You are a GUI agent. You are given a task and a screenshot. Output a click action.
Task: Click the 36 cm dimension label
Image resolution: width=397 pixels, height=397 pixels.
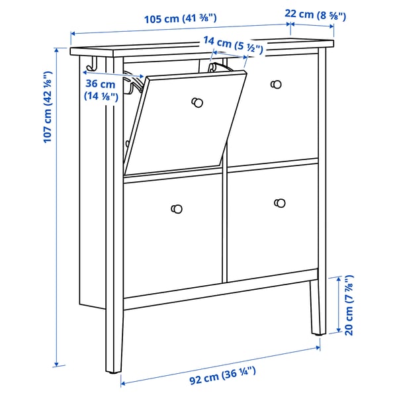coord(101,90)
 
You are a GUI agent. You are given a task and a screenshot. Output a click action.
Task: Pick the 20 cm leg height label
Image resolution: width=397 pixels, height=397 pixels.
coord(349,304)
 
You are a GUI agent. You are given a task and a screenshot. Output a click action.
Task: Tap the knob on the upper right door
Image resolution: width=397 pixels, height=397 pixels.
coord(277,83)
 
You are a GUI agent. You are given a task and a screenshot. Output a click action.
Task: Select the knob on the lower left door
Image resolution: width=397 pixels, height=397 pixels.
coord(177,208)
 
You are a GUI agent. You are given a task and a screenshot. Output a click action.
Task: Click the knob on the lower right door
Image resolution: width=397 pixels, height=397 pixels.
coord(279,202)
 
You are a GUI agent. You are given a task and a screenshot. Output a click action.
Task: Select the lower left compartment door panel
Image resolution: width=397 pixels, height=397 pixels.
coord(172,232)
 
